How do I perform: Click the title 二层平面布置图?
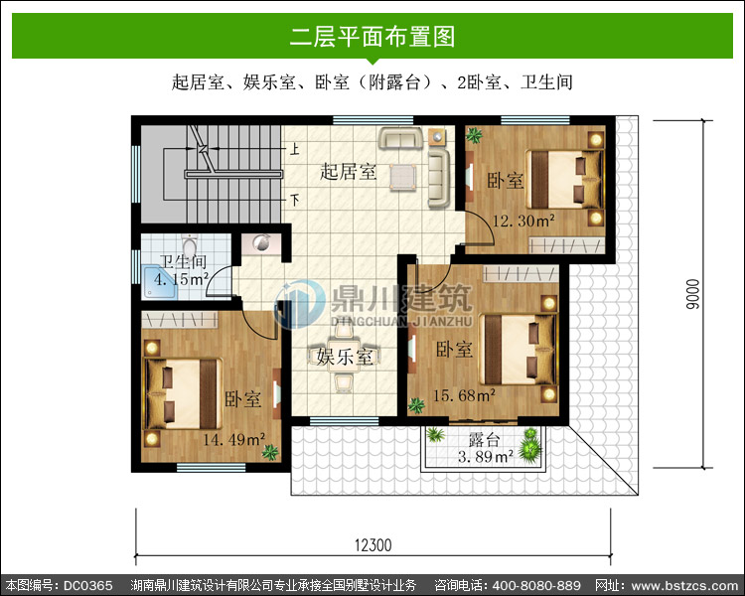point(372,36)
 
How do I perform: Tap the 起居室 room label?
point(349,172)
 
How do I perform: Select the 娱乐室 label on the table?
point(345,357)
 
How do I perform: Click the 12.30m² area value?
point(523,221)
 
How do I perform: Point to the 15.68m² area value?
point(464,395)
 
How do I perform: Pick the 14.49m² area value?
point(233,439)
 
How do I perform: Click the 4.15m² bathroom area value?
point(181,279)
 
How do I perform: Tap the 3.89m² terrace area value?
point(486,457)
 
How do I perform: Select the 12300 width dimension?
point(372,545)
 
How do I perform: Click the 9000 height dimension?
point(693,294)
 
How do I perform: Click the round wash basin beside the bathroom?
point(260,242)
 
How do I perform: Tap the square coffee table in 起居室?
point(403,178)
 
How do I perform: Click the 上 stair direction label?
point(295,149)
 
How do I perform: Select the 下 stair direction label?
point(295,200)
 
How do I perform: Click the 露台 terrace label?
point(484,439)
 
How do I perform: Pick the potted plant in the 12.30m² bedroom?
point(474,135)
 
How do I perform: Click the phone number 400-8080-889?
point(536,585)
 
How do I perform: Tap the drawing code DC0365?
point(88,585)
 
